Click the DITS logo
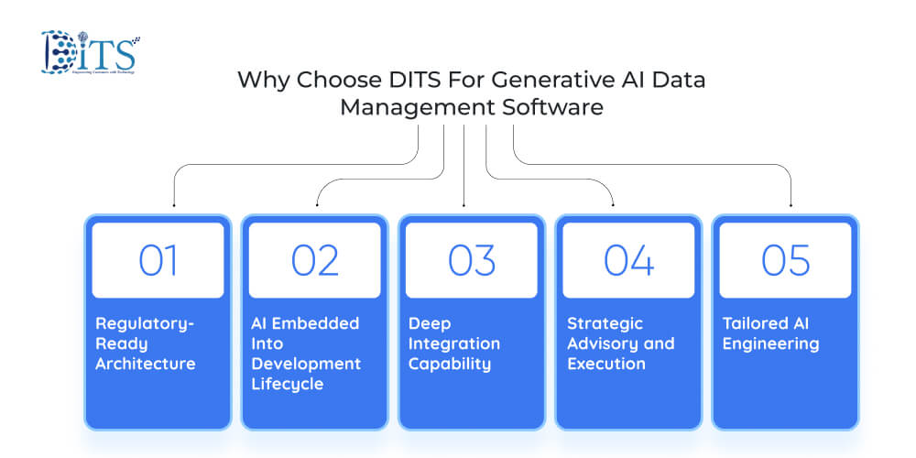pyautogui.click(x=90, y=51)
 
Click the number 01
pyautogui.click(x=158, y=261)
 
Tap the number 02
pyautogui.click(x=315, y=261)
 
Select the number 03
pyautogui.click(x=472, y=261)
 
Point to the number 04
pyautogui.click(x=628, y=261)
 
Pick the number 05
pyautogui.click(x=786, y=261)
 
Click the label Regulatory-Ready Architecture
pyautogui.click(x=146, y=343)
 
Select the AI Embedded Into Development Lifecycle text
pyautogui.click(x=305, y=354)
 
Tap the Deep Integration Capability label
pyautogui.click(x=454, y=343)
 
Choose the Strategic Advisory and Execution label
pyautogui.click(x=620, y=343)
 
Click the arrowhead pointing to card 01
pyautogui.click(x=173, y=203)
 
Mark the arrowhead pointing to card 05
pyautogui.click(x=791, y=203)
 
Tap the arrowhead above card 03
pyautogui.click(x=464, y=203)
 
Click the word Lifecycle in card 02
pyautogui.click(x=287, y=383)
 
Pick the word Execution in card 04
pyautogui.click(x=606, y=364)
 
